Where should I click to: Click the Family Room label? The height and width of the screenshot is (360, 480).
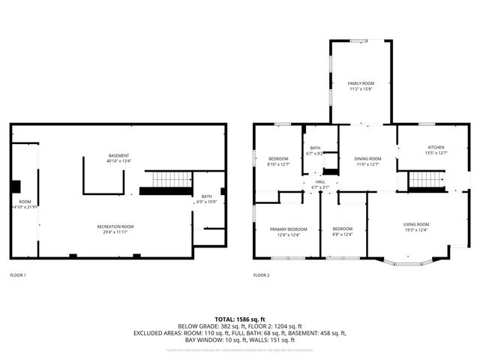(x=361, y=82)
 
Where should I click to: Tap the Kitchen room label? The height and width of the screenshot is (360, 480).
(x=436, y=147)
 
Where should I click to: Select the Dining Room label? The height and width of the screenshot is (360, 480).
(x=367, y=158)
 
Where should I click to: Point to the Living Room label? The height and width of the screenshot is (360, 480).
(x=416, y=224)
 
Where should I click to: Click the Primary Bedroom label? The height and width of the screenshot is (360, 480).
(x=289, y=229)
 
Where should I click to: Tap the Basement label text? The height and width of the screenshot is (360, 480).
(x=118, y=155)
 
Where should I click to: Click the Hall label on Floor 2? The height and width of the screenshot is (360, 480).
(x=320, y=182)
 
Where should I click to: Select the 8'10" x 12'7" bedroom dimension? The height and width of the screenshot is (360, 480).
(x=278, y=164)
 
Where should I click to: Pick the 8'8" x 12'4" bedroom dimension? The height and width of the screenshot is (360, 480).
(x=343, y=235)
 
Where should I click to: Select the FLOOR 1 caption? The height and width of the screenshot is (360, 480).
(x=18, y=275)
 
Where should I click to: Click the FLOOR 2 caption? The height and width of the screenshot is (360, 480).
(x=261, y=275)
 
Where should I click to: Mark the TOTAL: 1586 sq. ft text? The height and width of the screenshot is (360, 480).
(x=239, y=319)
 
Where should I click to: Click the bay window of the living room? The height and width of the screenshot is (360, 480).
(x=407, y=262)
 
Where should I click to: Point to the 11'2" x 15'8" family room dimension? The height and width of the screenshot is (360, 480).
(x=361, y=89)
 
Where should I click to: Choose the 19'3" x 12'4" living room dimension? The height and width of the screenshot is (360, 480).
(x=416, y=230)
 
